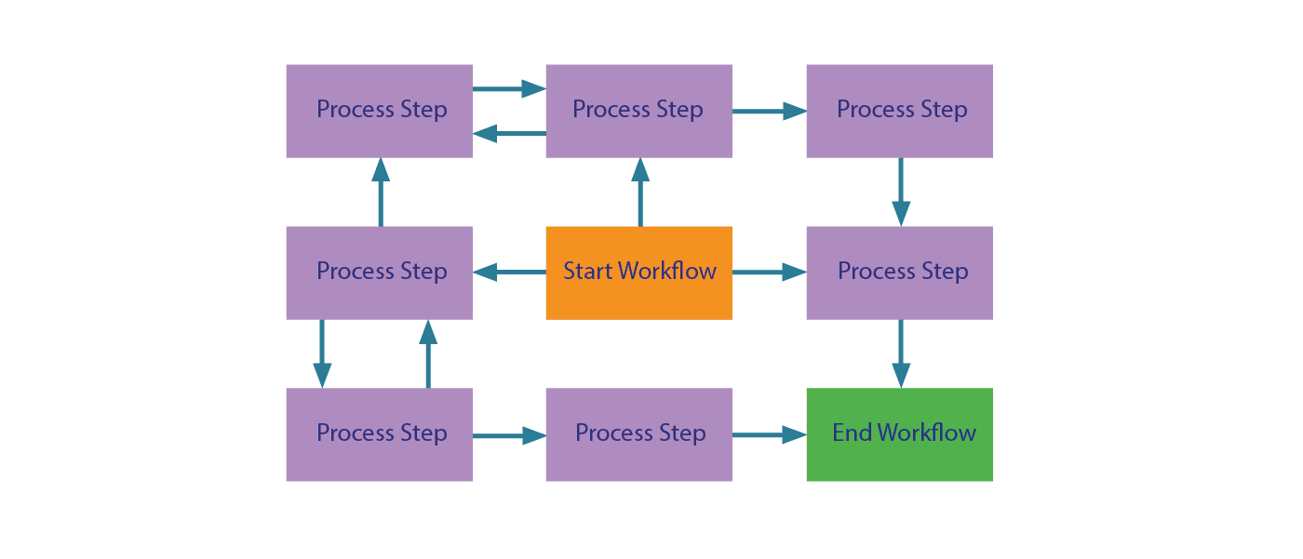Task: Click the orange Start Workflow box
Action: click(x=638, y=273)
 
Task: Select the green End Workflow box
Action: click(x=899, y=434)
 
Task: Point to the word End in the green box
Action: click(x=852, y=433)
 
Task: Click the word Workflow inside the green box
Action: click(x=927, y=433)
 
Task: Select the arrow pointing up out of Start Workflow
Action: click(x=640, y=192)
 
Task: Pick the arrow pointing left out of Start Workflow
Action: click(x=509, y=273)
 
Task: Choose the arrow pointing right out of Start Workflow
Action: click(x=769, y=273)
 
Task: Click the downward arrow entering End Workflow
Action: click(x=901, y=353)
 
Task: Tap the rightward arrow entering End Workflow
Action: click(x=769, y=434)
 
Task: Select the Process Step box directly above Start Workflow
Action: click(x=638, y=111)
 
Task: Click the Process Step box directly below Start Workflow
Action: click(x=638, y=434)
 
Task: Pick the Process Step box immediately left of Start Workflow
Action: click(x=379, y=273)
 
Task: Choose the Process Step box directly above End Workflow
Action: click(x=899, y=273)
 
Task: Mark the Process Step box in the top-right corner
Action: click(x=899, y=111)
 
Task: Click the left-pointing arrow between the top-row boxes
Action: click(x=509, y=134)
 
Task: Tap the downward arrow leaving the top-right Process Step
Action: click(x=901, y=192)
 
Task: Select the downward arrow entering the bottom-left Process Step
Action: click(x=322, y=353)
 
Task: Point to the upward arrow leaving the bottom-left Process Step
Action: click(x=428, y=353)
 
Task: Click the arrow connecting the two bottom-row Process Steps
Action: click(x=509, y=435)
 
